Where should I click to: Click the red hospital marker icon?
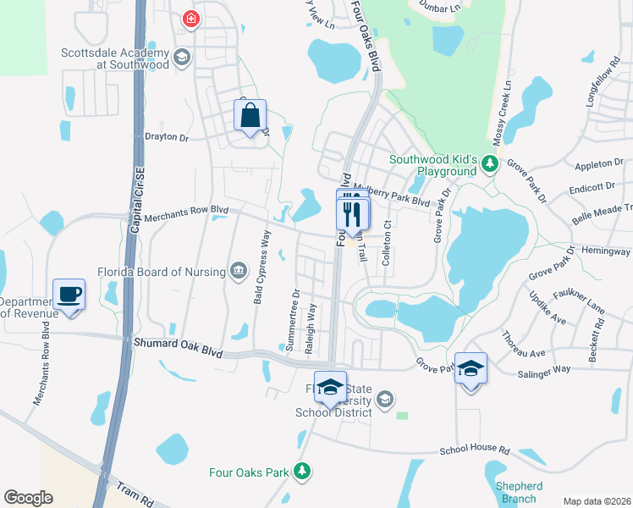click(x=191, y=19)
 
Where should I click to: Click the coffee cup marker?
click(x=69, y=295)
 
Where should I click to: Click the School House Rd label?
click(x=476, y=451)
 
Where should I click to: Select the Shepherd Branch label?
click(x=518, y=492)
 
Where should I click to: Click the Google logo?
click(x=28, y=498)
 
